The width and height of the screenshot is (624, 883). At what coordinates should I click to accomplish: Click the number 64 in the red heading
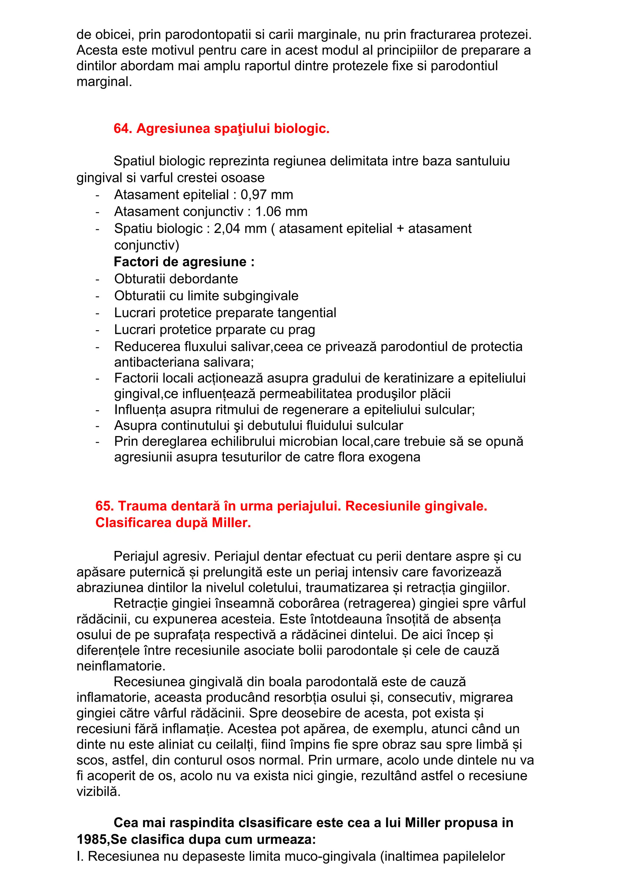click(122, 128)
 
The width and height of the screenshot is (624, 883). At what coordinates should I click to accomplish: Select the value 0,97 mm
click(267, 195)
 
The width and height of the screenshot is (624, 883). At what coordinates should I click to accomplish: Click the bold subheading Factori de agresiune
click(184, 262)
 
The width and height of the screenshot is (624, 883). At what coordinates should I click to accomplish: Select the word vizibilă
click(98, 792)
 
